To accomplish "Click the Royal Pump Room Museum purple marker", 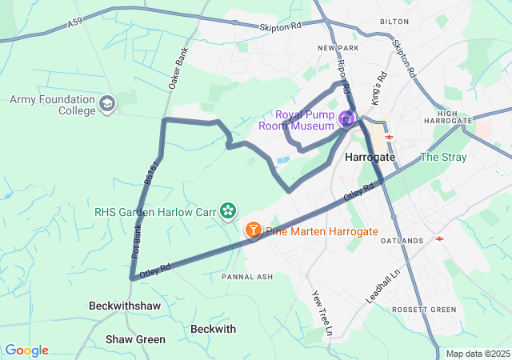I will click(346, 120).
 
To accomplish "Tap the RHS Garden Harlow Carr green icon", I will click(229, 210).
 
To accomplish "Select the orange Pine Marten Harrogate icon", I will click(254, 230).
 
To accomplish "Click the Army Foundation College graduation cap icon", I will click(107, 104).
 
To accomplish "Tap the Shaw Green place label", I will click(135, 339).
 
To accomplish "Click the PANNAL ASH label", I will click(247, 276).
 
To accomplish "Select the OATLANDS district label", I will click(402, 241).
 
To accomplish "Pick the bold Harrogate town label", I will click(370, 158).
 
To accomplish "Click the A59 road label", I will click(75, 26).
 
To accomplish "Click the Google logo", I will click(26, 350).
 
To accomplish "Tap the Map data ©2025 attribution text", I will click(478, 354).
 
